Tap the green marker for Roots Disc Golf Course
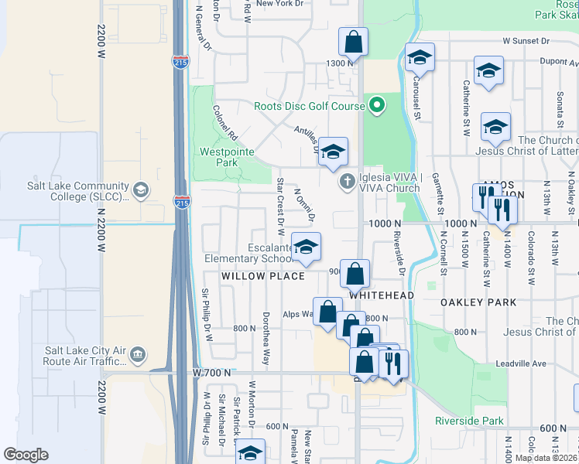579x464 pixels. tap(377, 104)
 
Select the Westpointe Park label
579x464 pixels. tap(226, 157)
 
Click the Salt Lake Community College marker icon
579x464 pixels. tap(140, 189)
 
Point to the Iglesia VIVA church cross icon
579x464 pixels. tap(348, 183)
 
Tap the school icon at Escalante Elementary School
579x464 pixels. tap(307, 247)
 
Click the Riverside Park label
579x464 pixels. tap(469, 421)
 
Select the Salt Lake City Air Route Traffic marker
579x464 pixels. tap(138, 355)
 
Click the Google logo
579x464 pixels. tap(26, 455)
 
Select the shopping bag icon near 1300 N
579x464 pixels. tap(353, 43)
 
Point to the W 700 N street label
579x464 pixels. tap(212, 373)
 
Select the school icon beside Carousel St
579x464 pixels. tap(420, 57)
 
